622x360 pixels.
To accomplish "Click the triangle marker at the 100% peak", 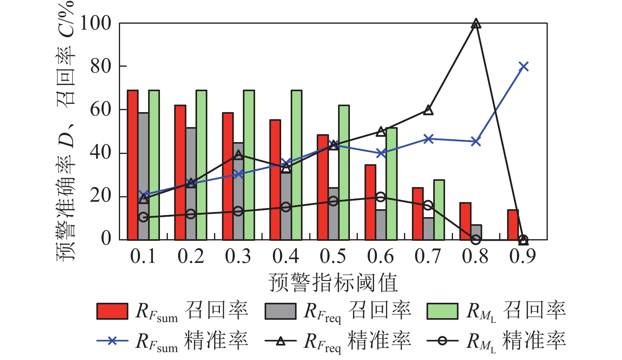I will coord(476,24).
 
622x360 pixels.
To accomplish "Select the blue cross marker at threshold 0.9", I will coord(524,66).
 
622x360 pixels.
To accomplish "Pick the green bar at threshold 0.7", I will coord(439,210).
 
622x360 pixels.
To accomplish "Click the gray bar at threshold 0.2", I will coord(191,184).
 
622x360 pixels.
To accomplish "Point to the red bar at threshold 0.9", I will coord(513,225).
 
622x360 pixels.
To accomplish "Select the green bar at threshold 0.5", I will coord(344,172).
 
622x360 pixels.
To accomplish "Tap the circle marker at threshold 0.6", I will coord(381,197).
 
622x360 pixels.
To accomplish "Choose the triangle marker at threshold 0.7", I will coord(428,110).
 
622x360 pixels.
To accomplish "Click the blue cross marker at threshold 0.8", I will coord(476,141).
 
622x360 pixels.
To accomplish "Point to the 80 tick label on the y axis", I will coord(101,66).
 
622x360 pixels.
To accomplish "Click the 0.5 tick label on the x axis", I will coord(333,257).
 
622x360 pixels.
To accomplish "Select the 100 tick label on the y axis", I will coord(96,23).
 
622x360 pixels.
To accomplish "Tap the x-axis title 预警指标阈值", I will coord(333,283).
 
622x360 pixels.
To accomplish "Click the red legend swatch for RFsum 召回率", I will coord(112,311).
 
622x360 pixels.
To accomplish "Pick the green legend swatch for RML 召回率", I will coord(442,311).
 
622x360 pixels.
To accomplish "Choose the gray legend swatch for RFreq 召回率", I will coord(280,311).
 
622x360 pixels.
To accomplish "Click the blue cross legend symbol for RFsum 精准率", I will coord(113,341).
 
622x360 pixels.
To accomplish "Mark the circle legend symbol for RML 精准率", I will coord(443,341).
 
